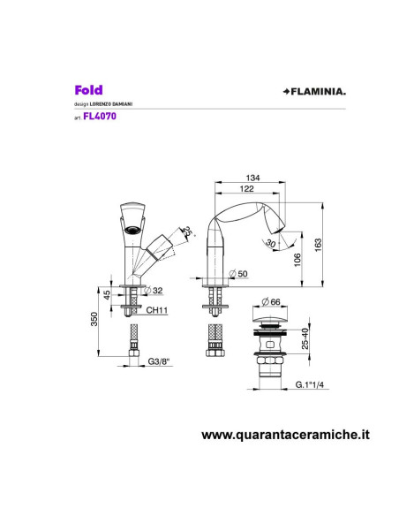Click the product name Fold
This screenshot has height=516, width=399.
[x=88, y=89]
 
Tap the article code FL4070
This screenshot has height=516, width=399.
[x=95, y=115]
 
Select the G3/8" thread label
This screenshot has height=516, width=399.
[x=159, y=362]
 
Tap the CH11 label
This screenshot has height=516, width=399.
[x=158, y=310]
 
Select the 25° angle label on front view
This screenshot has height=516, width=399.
[x=187, y=231]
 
